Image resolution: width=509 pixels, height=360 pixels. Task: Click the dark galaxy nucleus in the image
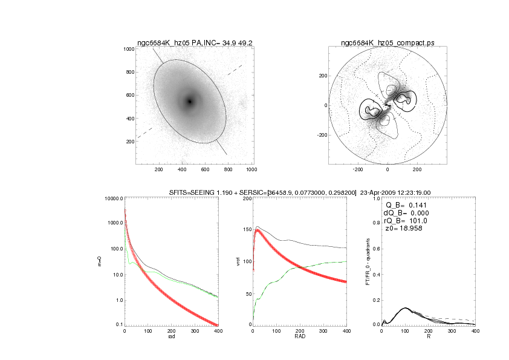pyautogui.click(x=190, y=102)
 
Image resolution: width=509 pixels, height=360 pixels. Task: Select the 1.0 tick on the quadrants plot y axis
pyautogui.click(x=375, y=198)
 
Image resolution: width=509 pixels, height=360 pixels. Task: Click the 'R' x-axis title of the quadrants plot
pyautogui.click(x=429, y=336)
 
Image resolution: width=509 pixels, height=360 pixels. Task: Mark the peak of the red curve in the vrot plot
pyautogui.click(x=258, y=231)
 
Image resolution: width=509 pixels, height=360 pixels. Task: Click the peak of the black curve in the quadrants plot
pyautogui.click(x=405, y=308)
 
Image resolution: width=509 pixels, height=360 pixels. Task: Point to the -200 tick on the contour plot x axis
pyautogui.click(x=357, y=171)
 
